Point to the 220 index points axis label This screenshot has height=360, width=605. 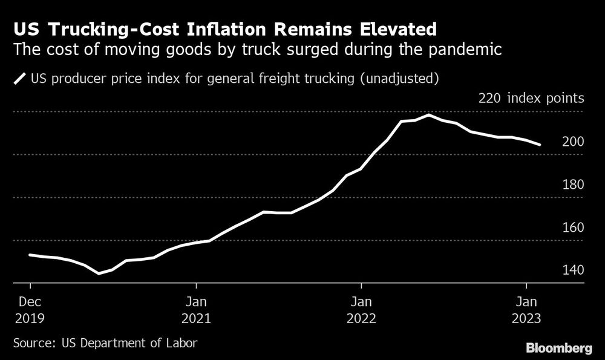tap(531, 98)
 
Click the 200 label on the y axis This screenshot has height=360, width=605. tap(574, 142)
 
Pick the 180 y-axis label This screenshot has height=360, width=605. tap(574, 185)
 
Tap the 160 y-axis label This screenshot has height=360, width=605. tap(574, 227)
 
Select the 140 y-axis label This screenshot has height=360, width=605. tap(574, 270)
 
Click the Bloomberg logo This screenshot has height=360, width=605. tap(558, 348)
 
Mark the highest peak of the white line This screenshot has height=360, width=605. tap(429, 115)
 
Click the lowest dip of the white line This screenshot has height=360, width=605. tap(99, 273)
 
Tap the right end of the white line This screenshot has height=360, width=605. tap(540, 145)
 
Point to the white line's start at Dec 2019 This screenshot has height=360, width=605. tap(30, 255)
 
